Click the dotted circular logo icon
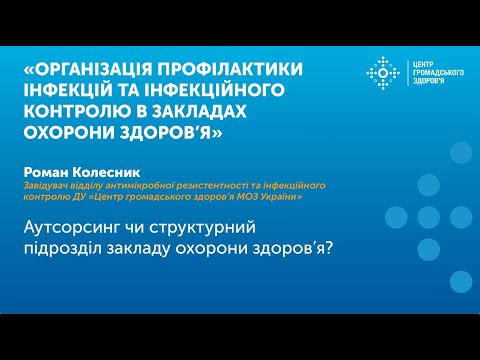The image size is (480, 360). (x=384, y=73)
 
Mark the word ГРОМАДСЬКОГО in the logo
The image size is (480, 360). (x=436, y=73)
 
